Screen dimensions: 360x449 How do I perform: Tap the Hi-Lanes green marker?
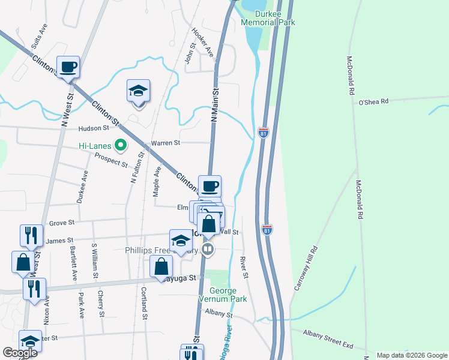click(x=121, y=145)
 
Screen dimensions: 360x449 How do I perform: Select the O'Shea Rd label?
click(x=373, y=101)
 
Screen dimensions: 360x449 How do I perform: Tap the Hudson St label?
click(x=93, y=128)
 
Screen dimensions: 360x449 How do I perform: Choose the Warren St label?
click(x=166, y=143)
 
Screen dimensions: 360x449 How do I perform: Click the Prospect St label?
click(x=112, y=160)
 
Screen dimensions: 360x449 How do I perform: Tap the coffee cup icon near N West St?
click(x=68, y=67)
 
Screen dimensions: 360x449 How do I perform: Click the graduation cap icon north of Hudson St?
click(x=139, y=91)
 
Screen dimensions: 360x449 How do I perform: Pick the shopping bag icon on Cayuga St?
click(x=161, y=267)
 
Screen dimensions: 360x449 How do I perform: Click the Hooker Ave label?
click(x=202, y=42)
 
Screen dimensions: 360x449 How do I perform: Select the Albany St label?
click(x=218, y=314)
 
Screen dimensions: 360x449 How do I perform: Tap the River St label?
click(x=244, y=268)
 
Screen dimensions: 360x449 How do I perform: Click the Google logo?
click(x=20, y=353)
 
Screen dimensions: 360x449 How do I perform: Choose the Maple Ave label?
click(x=157, y=179)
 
